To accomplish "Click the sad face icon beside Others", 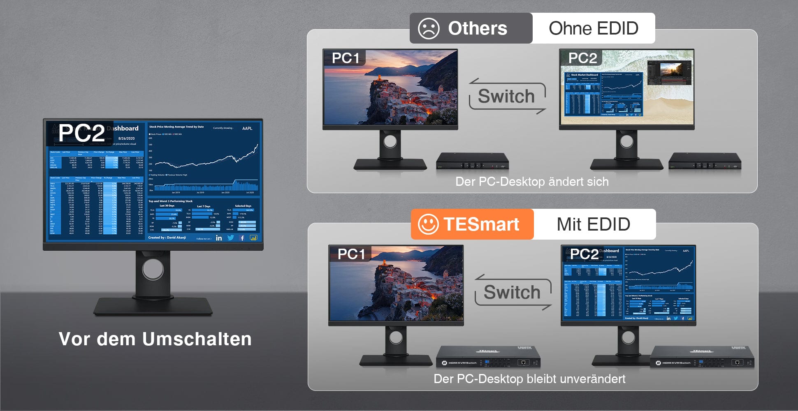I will (x=428, y=28).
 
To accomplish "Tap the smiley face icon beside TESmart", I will (x=428, y=224).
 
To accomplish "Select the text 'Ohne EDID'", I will (x=593, y=28).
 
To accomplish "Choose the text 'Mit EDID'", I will (x=593, y=224).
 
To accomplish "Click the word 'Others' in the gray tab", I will (x=477, y=28).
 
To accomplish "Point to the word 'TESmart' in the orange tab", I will (x=481, y=224).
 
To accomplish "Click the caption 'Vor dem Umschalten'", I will (x=155, y=339).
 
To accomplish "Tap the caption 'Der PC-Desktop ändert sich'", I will (x=532, y=182).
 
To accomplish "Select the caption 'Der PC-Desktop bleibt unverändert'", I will (x=529, y=379).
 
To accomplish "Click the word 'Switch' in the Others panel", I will (x=506, y=97).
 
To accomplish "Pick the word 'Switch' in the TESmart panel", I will (x=512, y=293).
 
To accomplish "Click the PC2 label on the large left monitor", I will (x=81, y=133).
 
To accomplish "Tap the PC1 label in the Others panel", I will (x=346, y=58).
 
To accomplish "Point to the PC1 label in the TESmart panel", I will (x=351, y=254).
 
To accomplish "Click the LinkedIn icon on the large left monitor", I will (x=219, y=238).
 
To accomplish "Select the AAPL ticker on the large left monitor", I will (x=247, y=128).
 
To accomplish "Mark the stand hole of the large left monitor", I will (x=153, y=270).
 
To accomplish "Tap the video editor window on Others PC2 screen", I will (x=669, y=73).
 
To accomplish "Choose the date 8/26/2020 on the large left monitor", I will (x=126, y=139).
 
